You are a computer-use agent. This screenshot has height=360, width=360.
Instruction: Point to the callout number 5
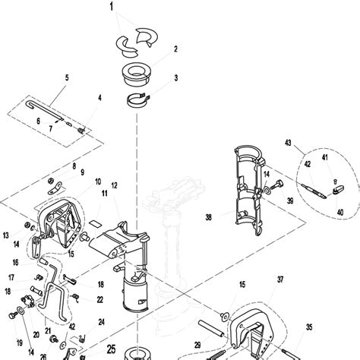(x=66, y=77)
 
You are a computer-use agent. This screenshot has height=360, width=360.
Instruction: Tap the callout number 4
(x=99, y=97)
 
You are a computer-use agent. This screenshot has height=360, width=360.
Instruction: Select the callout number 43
(x=288, y=143)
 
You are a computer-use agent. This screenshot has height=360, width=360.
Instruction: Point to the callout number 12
(x=114, y=186)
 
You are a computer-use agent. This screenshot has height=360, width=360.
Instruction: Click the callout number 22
(x=99, y=300)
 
